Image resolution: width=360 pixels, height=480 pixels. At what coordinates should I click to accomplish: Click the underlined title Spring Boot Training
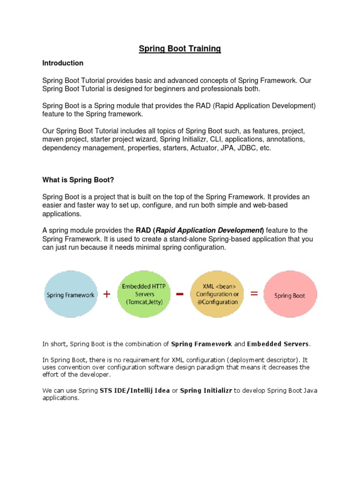coord(180,49)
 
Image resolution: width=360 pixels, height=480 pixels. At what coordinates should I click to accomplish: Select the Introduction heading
coord(63,63)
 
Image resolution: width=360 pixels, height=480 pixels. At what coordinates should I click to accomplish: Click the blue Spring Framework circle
coord(70,295)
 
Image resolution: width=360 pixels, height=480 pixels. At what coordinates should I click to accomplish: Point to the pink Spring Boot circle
coord(289,295)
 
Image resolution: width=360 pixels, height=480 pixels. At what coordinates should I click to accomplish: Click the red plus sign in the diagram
coord(107,294)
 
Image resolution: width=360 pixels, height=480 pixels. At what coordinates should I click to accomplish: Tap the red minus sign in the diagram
coord(180,294)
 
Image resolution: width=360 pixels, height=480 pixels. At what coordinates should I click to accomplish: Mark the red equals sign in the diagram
coord(254,293)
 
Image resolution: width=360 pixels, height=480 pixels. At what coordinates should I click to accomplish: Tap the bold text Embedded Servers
coord(278,344)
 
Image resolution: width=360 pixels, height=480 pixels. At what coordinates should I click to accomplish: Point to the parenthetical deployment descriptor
coord(256,360)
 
